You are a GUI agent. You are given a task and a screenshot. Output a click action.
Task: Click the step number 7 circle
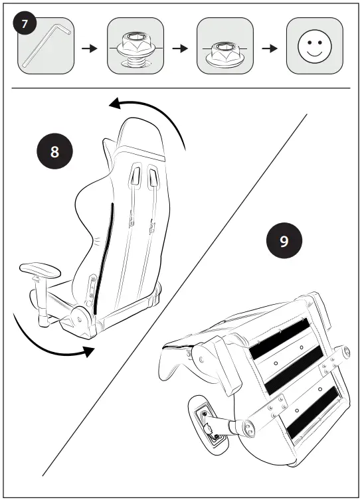pyautogui.click(x=25, y=25)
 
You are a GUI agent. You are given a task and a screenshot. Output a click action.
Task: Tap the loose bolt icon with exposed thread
pyautogui.click(x=135, y=48)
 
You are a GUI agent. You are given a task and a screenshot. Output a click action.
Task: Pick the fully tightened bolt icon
pyautogui.click(x=225, y=48)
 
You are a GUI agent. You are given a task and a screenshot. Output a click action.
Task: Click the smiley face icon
pyautogui.click(x=314, y=46)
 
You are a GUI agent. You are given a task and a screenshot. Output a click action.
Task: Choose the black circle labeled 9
pyautogui.click(x=284, y=240)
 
